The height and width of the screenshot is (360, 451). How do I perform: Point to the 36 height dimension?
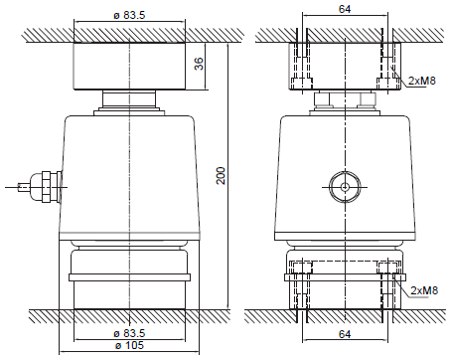pos(198,65)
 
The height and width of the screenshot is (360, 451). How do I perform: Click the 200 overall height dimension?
pos(222,175)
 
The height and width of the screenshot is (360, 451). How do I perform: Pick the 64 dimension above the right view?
pos(345,10)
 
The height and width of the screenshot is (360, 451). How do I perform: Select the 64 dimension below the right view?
pos(345,336)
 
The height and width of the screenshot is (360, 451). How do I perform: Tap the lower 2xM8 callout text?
pos(423,289)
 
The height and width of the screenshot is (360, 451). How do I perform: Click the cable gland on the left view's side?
pos(45,186)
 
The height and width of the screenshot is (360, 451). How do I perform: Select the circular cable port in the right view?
pos(344,186)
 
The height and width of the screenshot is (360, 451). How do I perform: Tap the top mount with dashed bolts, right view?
pos(344,66)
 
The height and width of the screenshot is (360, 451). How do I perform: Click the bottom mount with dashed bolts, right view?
pos(344,282)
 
